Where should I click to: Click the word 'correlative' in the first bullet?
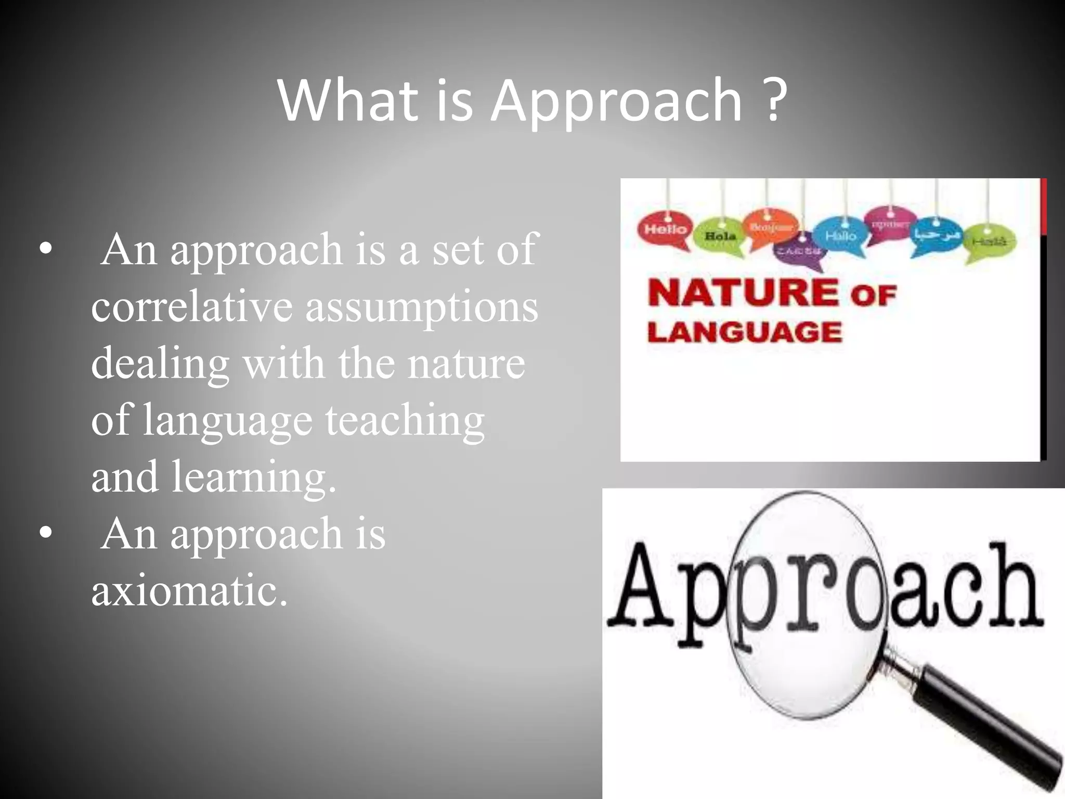point(191,307)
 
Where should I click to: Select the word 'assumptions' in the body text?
point(421,307)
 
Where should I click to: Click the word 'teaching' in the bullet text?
point(405,420)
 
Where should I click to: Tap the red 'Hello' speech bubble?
point(665,229)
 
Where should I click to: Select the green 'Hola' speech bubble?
point(720,237)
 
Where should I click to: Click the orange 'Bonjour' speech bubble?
point(771,227)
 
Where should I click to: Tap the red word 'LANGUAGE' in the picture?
point(745,332)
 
